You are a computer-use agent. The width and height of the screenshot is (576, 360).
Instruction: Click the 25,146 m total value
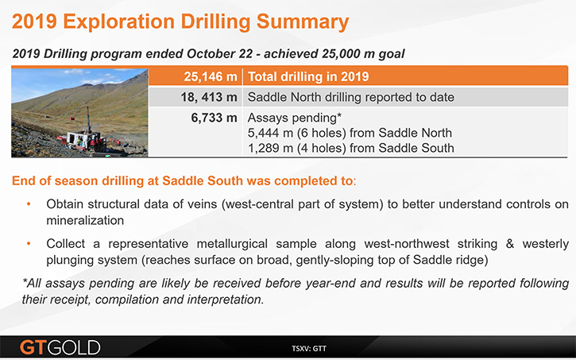pos(210,76)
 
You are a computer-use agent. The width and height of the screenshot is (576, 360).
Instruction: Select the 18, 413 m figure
pos(209,97)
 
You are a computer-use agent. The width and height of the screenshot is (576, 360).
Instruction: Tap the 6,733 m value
pos(214,118)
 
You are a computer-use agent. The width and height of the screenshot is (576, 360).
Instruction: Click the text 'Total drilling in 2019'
pos(308,76)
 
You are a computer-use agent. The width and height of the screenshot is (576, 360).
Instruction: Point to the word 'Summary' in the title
pos(303,21)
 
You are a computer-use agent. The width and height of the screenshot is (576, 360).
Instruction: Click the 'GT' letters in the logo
pos(33,347)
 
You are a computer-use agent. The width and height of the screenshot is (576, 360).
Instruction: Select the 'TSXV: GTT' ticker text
pos(309,348)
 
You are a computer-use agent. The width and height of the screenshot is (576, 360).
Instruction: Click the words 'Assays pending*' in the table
pos(295,118)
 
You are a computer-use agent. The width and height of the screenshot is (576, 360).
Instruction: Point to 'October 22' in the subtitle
pos(219,53)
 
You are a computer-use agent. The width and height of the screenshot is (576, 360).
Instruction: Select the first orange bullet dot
pos(29,204)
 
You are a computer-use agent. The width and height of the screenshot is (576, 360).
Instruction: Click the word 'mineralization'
pos(85,220)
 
